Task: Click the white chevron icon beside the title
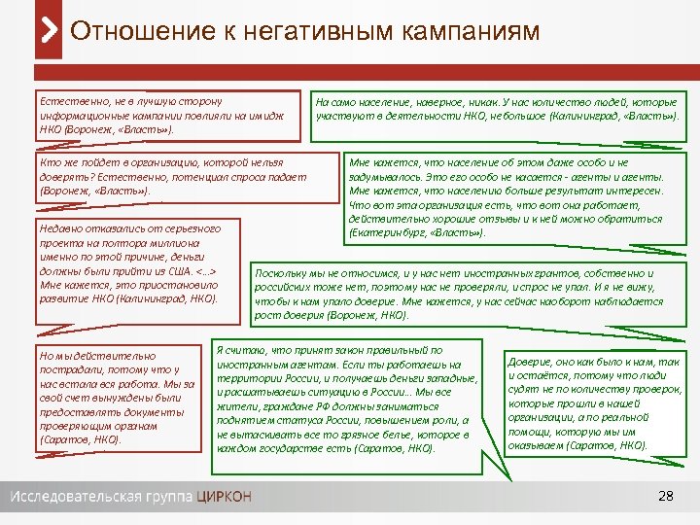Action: [50, 30]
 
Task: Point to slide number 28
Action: [666, 497]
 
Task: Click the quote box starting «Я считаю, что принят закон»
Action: [348, 398]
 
